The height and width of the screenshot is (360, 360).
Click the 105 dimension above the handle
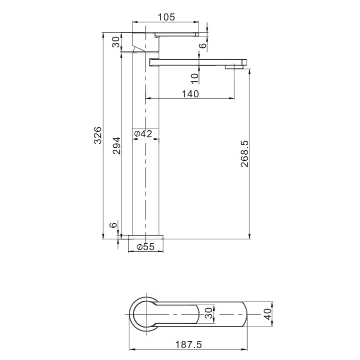pos(166,17)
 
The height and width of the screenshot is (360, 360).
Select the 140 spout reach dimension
pos(190,93)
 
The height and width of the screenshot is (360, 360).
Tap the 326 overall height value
pos(98,135)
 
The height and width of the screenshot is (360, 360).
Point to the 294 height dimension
pos(116,145)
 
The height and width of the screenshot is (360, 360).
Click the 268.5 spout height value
pos(245,153)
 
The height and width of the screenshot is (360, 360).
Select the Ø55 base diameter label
pos(146,247)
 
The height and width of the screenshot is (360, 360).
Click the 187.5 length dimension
pos(188,345)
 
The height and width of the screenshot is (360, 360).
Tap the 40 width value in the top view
pos(268,314)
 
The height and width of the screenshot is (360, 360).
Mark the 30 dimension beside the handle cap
pos(116,42)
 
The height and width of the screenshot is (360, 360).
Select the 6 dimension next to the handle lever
pos(202,45)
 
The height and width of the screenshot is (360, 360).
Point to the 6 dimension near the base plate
pos(113,225)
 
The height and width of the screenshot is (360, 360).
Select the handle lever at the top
pos(177,34)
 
